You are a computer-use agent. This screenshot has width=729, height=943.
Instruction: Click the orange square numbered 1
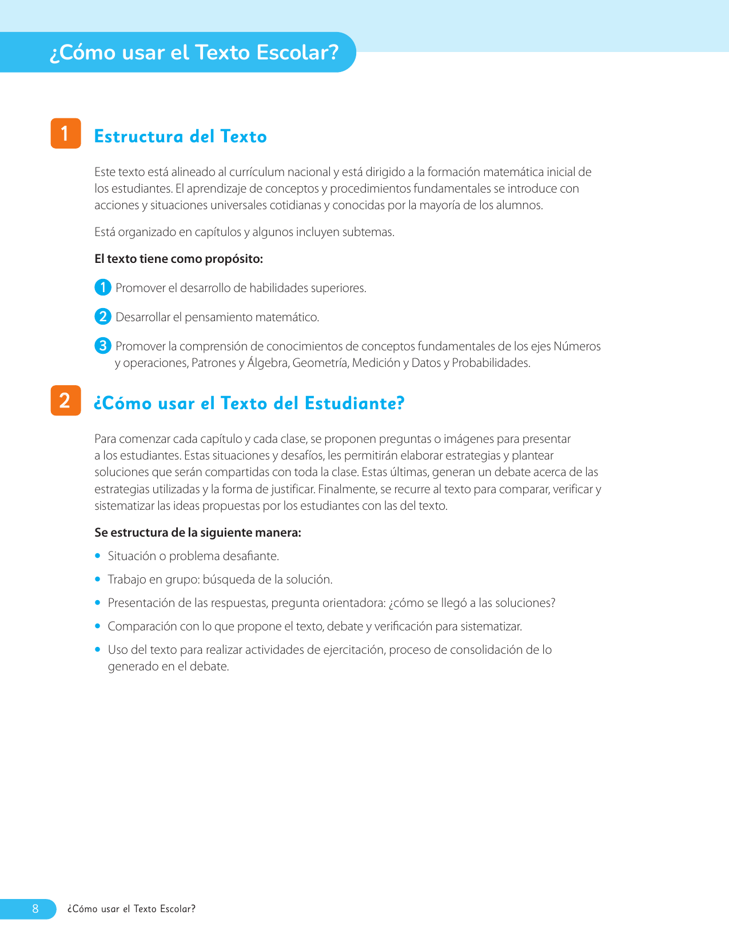(x=66, y=133)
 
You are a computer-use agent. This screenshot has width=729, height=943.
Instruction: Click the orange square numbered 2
(x=66, y=400)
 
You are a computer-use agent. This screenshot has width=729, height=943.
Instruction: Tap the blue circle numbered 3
(x=102, y=346)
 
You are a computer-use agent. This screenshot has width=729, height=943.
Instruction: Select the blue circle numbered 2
(x=102, y=316)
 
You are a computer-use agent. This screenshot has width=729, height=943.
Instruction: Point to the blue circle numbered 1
(x=102, y=287)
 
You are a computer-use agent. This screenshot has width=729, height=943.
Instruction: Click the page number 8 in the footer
(x=35, y=909)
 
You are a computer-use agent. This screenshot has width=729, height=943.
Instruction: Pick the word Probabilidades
(x=491, y=363)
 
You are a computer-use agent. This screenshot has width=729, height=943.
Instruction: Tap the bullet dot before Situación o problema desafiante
(x=98, y=556)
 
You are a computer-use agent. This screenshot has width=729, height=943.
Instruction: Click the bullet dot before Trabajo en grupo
(x=98, y=579)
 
